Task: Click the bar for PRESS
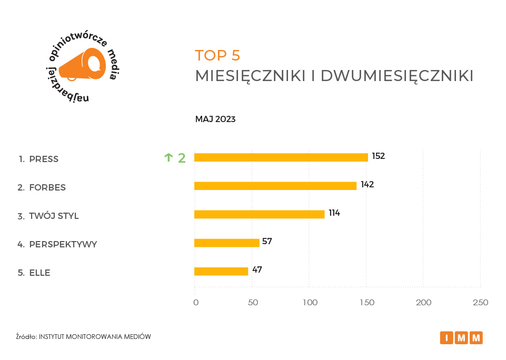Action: pyautogui.click(x=281, y=157)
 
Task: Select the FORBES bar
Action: pyautogui.click(x=275, y=186)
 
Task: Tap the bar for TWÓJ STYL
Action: pyautogui.click(x=259, y=214)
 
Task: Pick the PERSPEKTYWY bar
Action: pyautogui.click(x=226, y=243)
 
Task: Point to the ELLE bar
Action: pyautogui.click(x=221, y=271)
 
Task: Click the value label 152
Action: pyautogui.click(x=378, y=156)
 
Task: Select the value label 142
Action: pyautogui.click(x=367, y=185)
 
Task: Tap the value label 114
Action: pyautogui.click(x=334, y=213)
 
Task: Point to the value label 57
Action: pyautogui.click(x=267, y=242)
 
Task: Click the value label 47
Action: pyautogui.click(x=257, y=270)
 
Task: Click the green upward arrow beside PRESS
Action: pyautogui.click(x=168, y=157)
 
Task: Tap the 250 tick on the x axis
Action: pyautogui.click(x=480, y=303)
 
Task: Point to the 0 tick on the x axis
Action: pyautogui.click(x=196, y=303)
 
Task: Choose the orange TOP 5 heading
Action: pyautogui.click(x=217, y=55)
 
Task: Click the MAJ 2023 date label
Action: pyautogui.click(x=215, y=119)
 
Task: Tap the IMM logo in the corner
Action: pyautogui.click(x=461, y=337)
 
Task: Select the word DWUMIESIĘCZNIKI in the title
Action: pyautogui.click(x=397, y=76)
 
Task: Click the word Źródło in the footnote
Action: pyautogui.click(x=26, y=337)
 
